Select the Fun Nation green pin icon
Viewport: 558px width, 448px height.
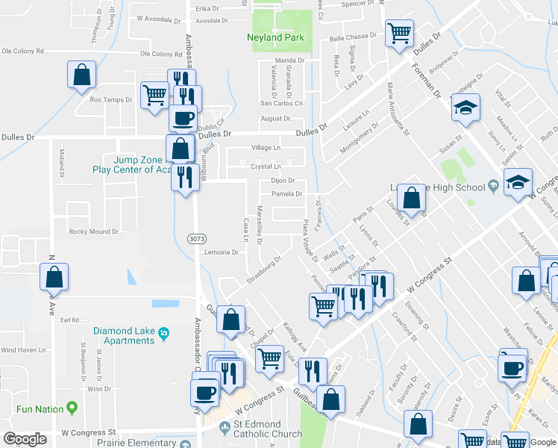pos(72,408)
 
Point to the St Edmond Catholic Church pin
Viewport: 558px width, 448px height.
pos(228,427)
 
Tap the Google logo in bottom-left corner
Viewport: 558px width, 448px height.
pos(25,439)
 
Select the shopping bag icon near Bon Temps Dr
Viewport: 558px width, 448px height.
pos(82,75)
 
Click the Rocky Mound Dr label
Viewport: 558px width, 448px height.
pos(93,231)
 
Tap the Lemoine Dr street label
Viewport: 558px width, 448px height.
pos(221,252)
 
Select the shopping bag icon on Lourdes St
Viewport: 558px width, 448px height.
pos(411,199)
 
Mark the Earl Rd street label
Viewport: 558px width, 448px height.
pos(70,320)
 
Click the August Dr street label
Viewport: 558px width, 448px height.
pos(275,118)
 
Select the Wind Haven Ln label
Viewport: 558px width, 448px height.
pos(24,349)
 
